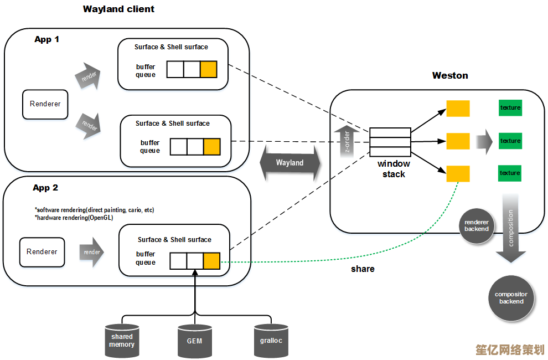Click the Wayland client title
click(x=118, y=9)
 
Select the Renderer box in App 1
click(x=45, y=104)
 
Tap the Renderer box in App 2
click(x=42, y=251)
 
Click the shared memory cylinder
click(x=122, y=340)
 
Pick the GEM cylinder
click(x=194, y=341)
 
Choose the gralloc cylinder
click(x=271, y=340)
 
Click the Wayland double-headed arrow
click(x=290, y=163)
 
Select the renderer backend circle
click(x=477, y=225)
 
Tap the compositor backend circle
click(x=511, y=297)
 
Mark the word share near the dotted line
click(x=363, y=269)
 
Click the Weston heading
click(x=450, y=75)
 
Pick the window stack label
click(x=394, y=169)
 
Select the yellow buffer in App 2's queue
click(x=211, y=260)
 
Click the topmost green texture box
click(x=510, y=107)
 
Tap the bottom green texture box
click(x=510, y=173)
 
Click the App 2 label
click(x=45, y=188)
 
